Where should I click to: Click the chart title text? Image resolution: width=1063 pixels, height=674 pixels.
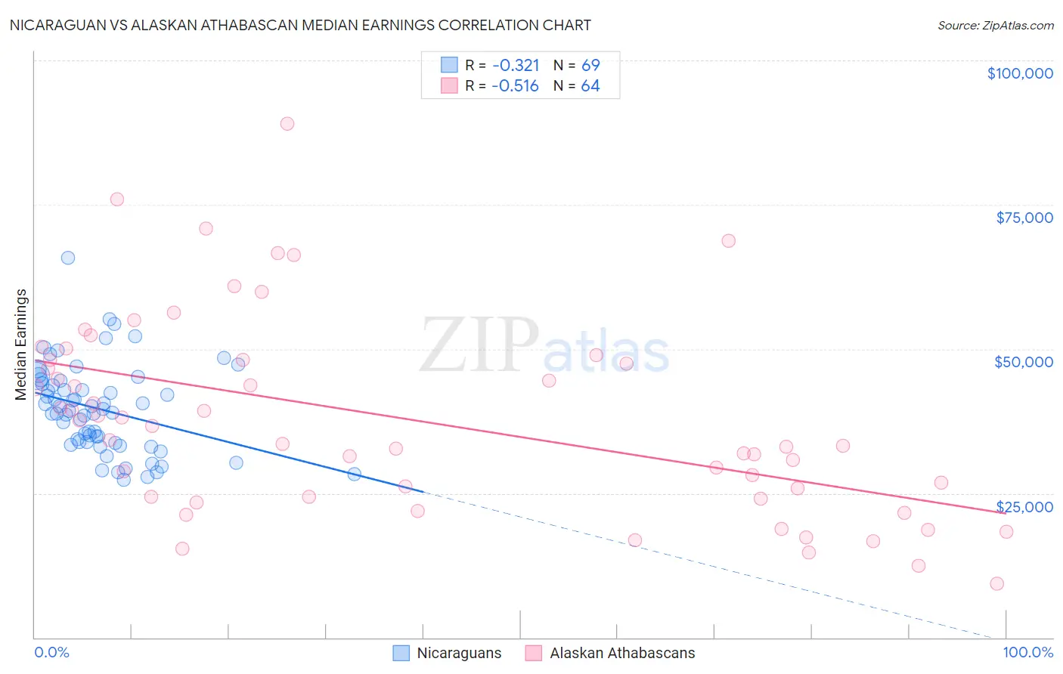coord(300,25)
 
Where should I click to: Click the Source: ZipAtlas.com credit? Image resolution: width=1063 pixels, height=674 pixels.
coord(995,25)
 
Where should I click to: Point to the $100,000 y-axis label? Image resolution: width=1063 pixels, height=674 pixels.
coord(1019,73)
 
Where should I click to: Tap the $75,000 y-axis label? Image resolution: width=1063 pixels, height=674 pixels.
coord(1024,218)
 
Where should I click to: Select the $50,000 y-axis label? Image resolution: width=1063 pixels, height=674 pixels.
coord(1024,362)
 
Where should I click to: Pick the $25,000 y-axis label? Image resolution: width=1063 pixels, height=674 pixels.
coord(1024,507)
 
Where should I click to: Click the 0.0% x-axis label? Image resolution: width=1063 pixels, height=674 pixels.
coord(51,652)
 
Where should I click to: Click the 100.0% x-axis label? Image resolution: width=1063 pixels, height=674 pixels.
coord(1027,652)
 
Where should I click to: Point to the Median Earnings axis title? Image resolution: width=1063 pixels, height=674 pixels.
coord(21,344)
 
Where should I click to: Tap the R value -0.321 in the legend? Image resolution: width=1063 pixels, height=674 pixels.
coord(515,65)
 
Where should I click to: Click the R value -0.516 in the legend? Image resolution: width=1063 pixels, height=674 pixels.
coord(515,86)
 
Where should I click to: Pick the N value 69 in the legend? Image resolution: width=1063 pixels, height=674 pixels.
coord(590,65)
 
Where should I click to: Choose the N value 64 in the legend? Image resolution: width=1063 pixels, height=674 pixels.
coord(590,86)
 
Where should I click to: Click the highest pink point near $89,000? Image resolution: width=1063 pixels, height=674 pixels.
coord(287,124)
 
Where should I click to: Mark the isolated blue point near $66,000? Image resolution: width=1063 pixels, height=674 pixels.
coord(68,258)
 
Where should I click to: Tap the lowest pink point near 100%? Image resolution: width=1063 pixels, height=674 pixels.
coord(996,583)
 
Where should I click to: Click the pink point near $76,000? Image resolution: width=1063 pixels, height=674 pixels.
coord(116,199)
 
